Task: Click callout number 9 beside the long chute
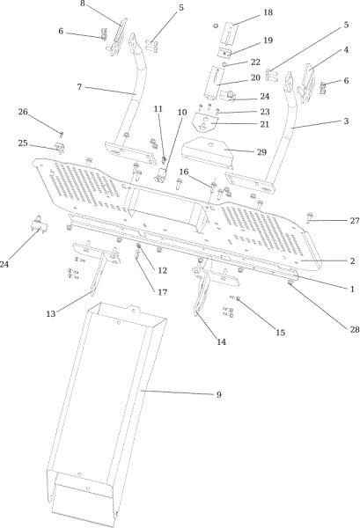pos(218,394)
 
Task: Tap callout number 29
pos(261,152)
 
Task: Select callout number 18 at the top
pos(268,12)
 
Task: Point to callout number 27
pos(355,221)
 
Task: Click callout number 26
pos(23,112)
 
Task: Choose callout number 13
pos(51,314)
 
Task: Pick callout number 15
pos(280,333)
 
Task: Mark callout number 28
pos(355,329)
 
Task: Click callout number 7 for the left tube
pos(79,87)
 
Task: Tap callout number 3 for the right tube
pos(346,121)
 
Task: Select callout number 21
pos(265,124)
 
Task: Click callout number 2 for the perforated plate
pos(352,261)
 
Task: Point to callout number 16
pos(184,172)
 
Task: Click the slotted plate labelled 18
pos(230,33)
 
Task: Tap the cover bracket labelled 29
pos(208,152)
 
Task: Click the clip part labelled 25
pos(60,148)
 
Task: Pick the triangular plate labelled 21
pos(203,121)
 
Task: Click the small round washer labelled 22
pos(224,63)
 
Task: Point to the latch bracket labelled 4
pos(307,84)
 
